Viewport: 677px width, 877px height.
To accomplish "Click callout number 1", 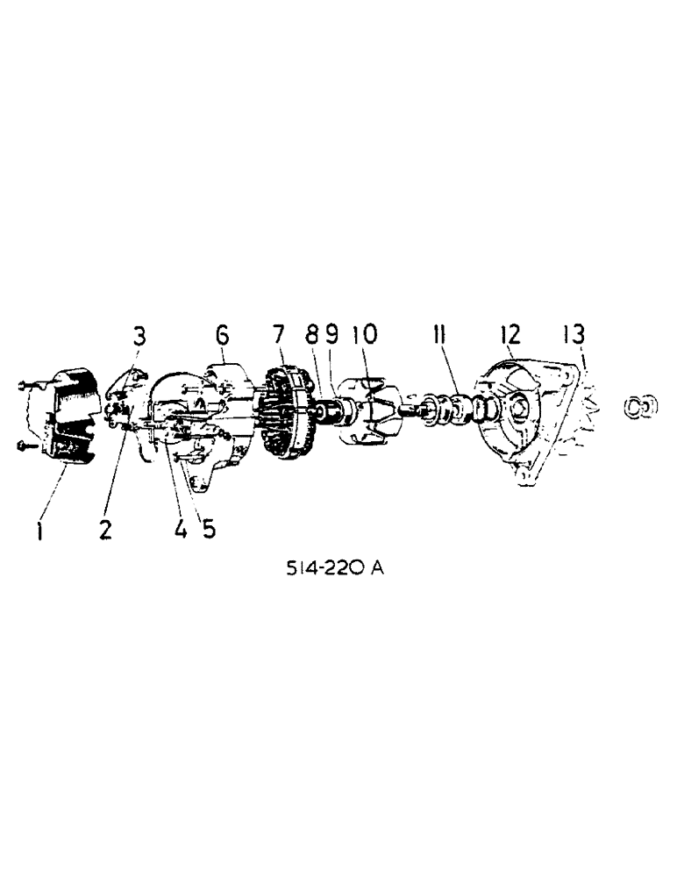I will (x=40, y=530).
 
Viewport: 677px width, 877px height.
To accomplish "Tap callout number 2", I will (x=105, y=530).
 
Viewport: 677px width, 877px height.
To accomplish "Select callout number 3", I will (x=139, y=335).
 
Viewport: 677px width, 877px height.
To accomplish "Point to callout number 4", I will (x=180, y=530).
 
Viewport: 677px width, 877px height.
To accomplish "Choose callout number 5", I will (x=208, y=530).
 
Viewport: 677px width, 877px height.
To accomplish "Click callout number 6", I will (x=221, y=334).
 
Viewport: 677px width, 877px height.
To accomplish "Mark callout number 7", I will (x=278, y=334).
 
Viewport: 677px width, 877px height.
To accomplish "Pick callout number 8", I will (x=310, y=334).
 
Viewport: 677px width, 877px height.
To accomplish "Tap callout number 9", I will (x=331, y=334).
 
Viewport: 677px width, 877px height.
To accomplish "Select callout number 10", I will (x=363, y=334).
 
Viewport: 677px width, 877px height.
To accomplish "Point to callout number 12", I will (x=510, y=334).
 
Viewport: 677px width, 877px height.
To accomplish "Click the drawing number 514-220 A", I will (x=334, y=567).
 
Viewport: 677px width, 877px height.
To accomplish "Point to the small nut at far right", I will (x=640, y=406).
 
